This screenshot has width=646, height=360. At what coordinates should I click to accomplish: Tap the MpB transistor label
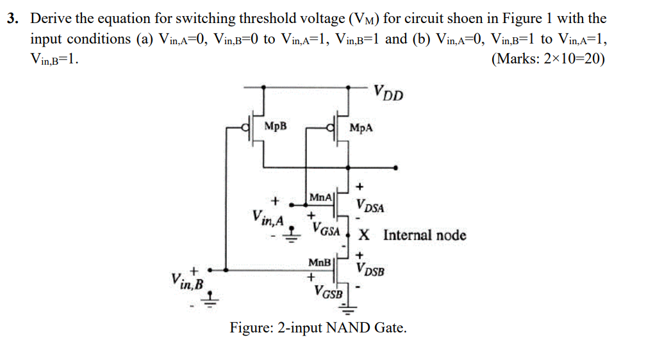pyautogui.click(x=276, y=127)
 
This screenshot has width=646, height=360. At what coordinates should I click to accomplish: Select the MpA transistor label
pyautogui.click(x=361, y=127)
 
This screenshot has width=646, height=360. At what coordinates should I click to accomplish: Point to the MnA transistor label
pyautogui.click(x=320, y=197)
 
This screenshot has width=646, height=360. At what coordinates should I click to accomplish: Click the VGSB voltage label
pyautogui.click(x=328, y=292)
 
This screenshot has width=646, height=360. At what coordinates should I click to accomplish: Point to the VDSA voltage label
pyautogui.click(x=371, y=207)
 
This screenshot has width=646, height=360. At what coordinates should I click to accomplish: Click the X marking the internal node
pyautogui.click(x=363, y=235)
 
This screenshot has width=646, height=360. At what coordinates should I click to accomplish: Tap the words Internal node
pyautogui.click(x=424, y=235)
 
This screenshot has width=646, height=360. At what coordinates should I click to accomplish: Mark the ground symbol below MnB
pyautogui.click(x=348, y=313)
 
